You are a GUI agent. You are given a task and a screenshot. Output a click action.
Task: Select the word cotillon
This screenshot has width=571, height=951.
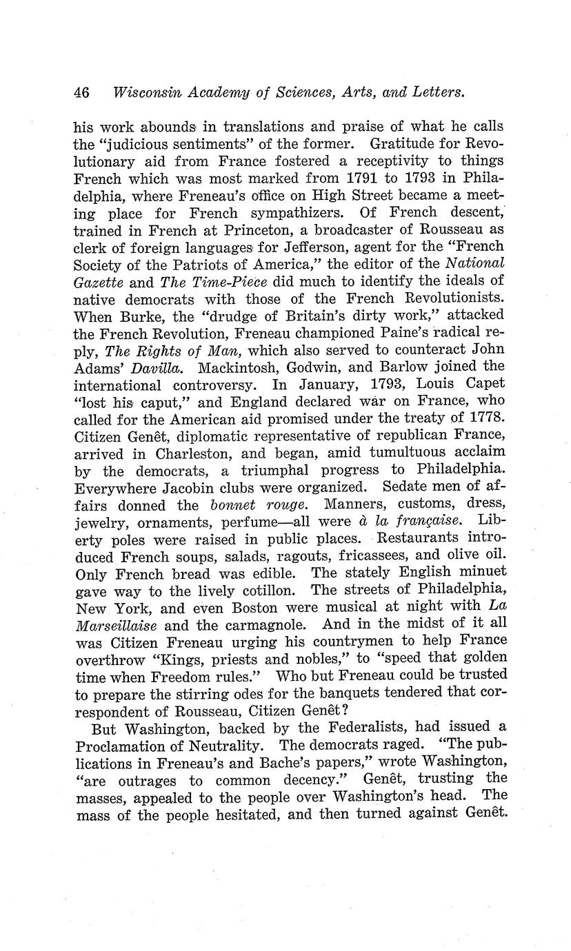(x=266, y=591)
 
